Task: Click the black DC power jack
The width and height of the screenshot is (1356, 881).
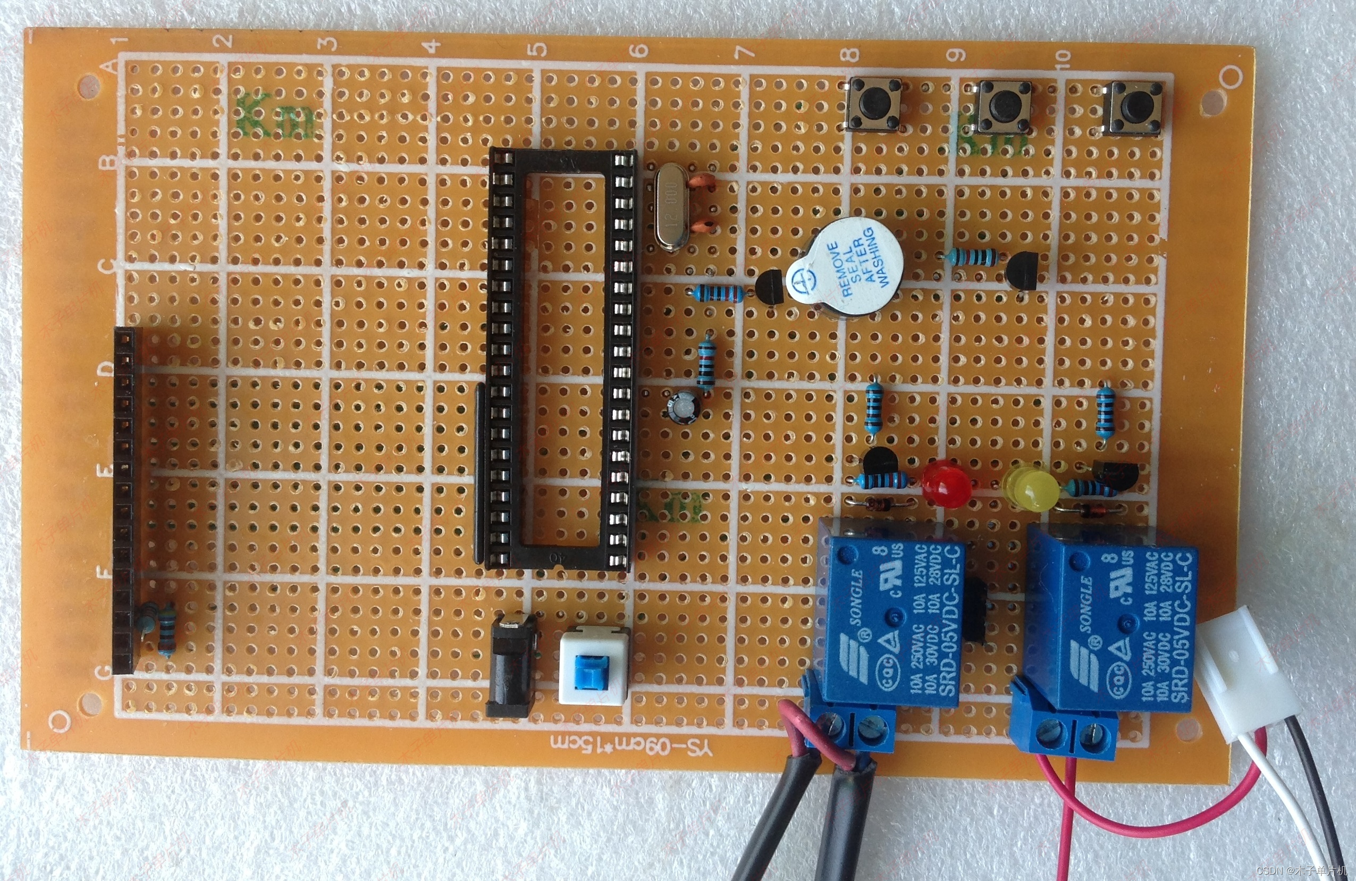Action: coord(511,665)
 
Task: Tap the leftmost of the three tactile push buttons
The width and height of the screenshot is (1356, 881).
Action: coord(874,104)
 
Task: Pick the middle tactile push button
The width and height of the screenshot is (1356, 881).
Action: coord(1005,105)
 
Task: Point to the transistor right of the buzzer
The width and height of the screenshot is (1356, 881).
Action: coord(1024,271)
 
